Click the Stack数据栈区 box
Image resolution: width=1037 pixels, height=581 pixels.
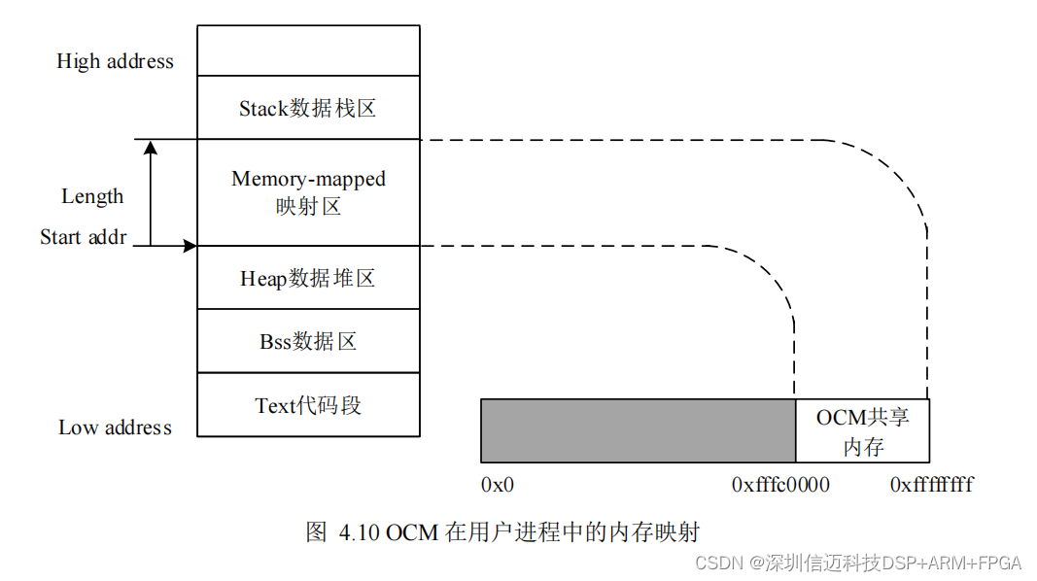pyautogui.click(x=308, y=108)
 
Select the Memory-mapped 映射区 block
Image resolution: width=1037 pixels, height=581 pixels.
pyautogui.click(x=308, y=192)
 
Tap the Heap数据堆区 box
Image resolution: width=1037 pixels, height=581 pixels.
pyautogui.click(x=308, y=279)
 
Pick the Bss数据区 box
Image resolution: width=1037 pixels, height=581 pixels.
pyautogui.click(x=308, y=342)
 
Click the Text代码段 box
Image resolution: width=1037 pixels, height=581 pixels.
pyautogui.click(x=308, y=405)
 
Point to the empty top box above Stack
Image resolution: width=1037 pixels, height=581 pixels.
pyautogui.click(x=308, y=51)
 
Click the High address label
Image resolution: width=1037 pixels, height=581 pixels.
pyautogui.click(x=115, y=61)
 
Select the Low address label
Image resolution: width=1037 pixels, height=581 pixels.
pyautogui.click(x=115, y=427)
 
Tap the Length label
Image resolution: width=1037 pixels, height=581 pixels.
pyautogui.click(x=92, y=196)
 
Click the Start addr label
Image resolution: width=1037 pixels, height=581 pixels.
pyautogui.click(x=84, y=237)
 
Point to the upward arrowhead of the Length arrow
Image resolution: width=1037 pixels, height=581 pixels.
pyautogui.click(x=150, y=148)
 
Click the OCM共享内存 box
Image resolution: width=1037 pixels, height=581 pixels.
pyautogui.click(x=862, y=431)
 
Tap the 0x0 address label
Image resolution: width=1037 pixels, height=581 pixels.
pyautogui.click(x=497, y=484)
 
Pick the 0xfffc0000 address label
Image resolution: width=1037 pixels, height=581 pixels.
pyautogui.click(x=780, y=484)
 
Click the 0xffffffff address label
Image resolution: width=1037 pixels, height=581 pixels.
pyautogui.click(x=931, y=484)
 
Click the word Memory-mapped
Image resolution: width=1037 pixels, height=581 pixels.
pyautogui.click(x=308, y=179)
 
